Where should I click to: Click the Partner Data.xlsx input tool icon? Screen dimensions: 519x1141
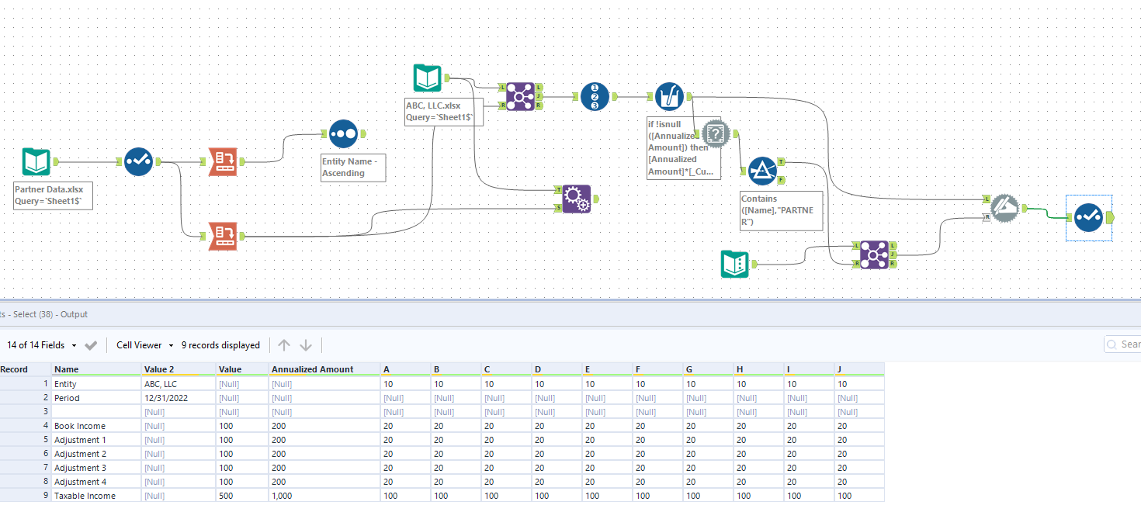(36, 162)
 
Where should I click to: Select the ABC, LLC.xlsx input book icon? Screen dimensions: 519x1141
(427, 78)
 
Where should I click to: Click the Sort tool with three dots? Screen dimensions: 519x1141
(343, 133)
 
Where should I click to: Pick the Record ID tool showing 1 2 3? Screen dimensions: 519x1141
(595, 96)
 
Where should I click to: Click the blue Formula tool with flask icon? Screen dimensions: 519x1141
(669, 96)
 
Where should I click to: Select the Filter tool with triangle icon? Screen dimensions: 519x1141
(762, 171)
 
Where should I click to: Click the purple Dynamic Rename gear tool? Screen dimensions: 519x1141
(576, 199)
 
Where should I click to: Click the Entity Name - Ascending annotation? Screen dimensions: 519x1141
(353, 168)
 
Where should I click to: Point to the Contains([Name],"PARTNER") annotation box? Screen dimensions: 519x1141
(781, 210)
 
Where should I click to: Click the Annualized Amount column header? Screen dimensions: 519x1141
(312, 369)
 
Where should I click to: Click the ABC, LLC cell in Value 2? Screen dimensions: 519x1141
(161, 384)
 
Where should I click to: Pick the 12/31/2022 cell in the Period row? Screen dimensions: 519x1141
(166, 398)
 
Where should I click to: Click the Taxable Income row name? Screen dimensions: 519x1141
(85, 496)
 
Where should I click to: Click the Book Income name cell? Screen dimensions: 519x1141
(80, 426)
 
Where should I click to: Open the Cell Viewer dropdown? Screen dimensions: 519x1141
(144, 345)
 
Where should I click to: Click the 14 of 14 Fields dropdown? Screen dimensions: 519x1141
(42, 345)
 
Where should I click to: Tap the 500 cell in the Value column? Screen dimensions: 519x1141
(227, 496)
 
